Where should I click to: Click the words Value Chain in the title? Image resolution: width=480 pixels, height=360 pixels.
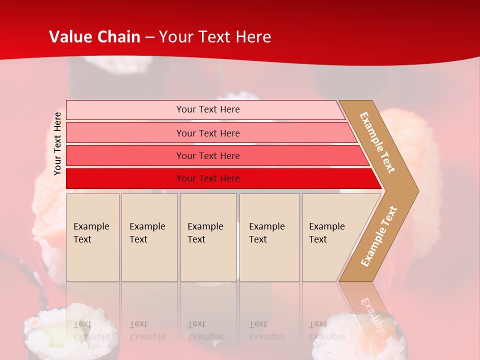click(x=94, y=37)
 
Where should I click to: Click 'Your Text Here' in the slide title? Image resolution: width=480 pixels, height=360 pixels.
click(x=215, y=37)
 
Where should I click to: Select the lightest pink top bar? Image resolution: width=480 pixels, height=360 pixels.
click(x=125, y=110)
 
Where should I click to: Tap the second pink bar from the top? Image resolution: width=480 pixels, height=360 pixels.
click(x=125, y=133)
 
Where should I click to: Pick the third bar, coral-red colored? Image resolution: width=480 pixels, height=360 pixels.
click(x=125, y=155)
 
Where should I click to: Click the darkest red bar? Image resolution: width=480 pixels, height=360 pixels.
click(x=125, y=178)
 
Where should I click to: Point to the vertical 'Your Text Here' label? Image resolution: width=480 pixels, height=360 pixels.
click(x=57, y=144)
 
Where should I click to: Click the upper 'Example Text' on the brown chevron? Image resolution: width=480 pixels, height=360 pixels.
click(x=377, y=142)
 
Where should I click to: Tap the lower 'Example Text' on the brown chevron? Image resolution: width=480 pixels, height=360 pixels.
click(x=379, y=236)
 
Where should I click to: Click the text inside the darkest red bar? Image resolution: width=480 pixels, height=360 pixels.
click(x=208, y=178)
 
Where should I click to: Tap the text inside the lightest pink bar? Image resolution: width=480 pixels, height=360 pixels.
click(x=208, y=109)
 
